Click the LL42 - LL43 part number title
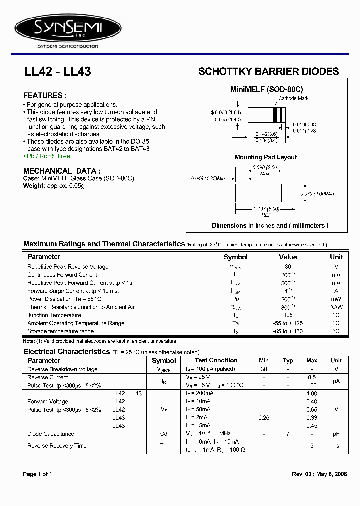[57, 72]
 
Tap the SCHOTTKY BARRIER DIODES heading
[268, 71]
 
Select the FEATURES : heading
[45, 95]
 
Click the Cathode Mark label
[293, 99]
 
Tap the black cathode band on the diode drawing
[275, 115]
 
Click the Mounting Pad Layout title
[266, 157]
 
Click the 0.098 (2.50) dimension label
[265, 167]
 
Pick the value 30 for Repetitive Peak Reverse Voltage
[288, 267]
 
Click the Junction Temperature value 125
[288, 315]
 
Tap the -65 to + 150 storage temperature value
[288, 331]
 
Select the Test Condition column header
[216, 360]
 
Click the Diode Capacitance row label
[51, 434]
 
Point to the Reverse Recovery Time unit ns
[336, 446]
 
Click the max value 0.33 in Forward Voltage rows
[312, 417]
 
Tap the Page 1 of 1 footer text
[38, 474]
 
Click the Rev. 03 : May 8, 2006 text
[319, 474]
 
